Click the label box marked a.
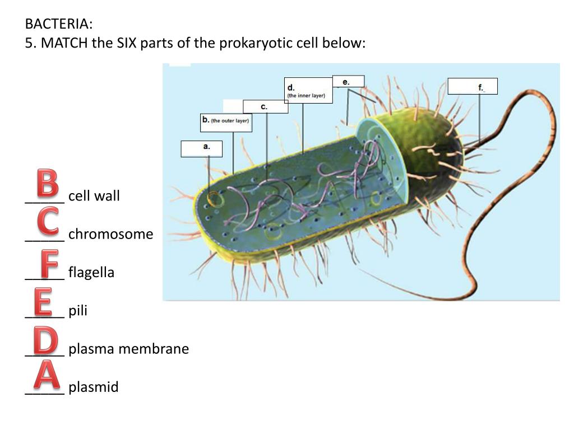click(x=202, y=148)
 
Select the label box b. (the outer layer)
click(x=226, y=122)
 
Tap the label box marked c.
click(x=265, y=106)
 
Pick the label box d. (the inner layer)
click(x=308, y=90)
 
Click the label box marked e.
click(x=348, y=81)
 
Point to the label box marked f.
click(x=473, y=86)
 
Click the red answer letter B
click(x=47, y=183)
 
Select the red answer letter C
click(x=48, y=221)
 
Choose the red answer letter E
click(x=43, y=302)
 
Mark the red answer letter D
click(x=45, y=341)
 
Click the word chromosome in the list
click(x=110, y=234)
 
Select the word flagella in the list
click(x=91, y=273)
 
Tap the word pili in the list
click(x=78, y=311)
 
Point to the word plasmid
click(x=94, y=387)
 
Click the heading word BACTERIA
click(x=58, y=24)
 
